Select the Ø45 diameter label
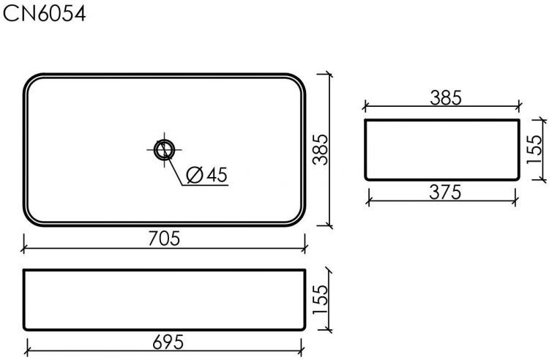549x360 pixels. [x=207, y=175]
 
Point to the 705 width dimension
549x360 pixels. [x=164, y=239]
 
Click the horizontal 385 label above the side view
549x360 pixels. [x=444, y=98]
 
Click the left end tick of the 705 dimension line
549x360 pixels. [x=23, y=248]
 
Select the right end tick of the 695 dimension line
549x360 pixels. [x=303, y=352]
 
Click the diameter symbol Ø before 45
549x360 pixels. [x=195, y=175]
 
